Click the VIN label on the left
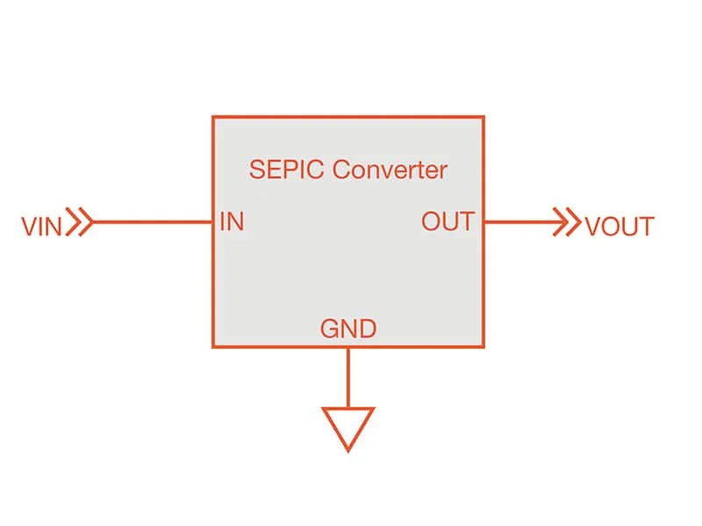click(41, 226)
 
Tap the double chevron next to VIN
click(80, 222)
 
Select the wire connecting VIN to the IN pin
click(153, 222)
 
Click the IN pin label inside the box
click(232, 222)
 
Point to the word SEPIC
click(286, 169)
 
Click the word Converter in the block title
click(390, 169)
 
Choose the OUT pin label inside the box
click(448, 222)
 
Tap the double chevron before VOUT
click(567, 222)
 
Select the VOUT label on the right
click(620, 226)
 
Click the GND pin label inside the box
click(348, 329)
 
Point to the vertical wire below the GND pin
click(348, 378)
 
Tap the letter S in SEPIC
click(257, 169)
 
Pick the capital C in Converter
click(342, 169)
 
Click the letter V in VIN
click(29, 226)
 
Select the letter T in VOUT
click(646, 227)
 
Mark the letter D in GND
click(368, 330)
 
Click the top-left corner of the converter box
click(213, 117)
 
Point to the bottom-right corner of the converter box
click(484, 346)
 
